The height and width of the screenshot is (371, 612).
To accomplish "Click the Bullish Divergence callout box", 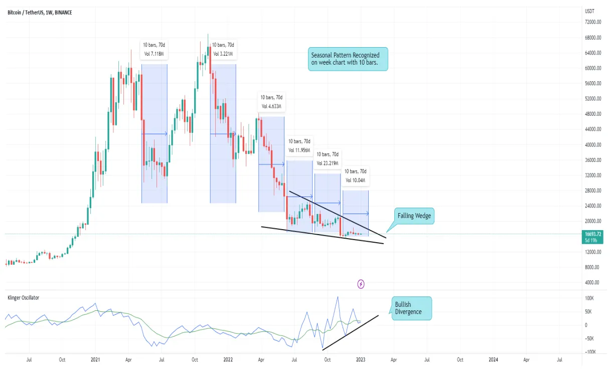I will click(x=411, y=308).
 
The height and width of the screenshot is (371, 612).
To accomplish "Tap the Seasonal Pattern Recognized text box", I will click(x=347, y=59).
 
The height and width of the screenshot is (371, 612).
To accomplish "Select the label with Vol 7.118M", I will click(x=154, y=49).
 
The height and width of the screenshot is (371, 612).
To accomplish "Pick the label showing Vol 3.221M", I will click(x=223, y=49).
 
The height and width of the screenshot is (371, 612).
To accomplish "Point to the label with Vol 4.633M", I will click(x=271, y=102).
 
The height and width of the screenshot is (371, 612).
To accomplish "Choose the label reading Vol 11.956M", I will click(x=299, y=146).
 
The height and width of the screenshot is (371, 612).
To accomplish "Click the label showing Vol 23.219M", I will click(x=327, y=159).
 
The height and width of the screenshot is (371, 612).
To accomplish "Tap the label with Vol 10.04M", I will click(x=355, y=176).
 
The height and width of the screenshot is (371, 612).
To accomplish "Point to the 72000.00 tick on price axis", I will click(x=592, y=22).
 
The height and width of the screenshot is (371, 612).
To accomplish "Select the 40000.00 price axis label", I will click(x=592, y=144).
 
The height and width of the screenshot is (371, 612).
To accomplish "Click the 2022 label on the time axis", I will click(x=228, y=359).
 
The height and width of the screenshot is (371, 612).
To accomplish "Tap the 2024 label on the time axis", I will click(x=493, y=359).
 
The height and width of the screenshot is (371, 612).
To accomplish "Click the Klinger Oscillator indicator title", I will click(x=23, y=298).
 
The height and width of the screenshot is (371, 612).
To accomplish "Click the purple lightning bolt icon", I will click(x=361, y=284).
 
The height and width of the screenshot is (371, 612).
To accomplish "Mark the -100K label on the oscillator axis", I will click(x=589, y=352).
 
